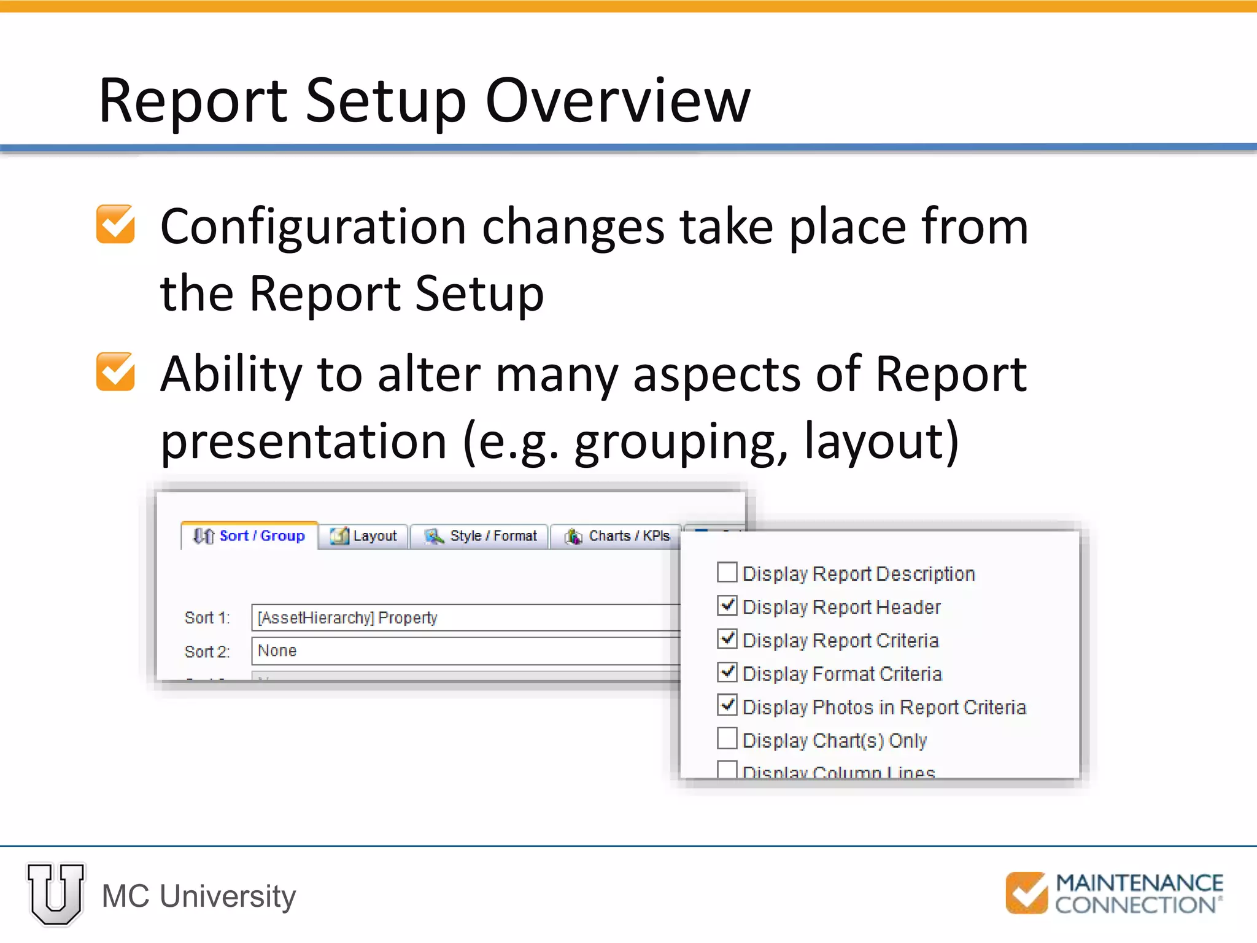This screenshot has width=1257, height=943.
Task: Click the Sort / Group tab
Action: tap(250, 536)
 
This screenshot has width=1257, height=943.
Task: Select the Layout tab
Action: tap(364, 536)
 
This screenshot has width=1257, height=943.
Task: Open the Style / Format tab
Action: tap(480, 536)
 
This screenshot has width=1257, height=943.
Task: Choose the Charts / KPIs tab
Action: tap(617, 536)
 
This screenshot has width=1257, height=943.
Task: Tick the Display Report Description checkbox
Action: tap(727, 573)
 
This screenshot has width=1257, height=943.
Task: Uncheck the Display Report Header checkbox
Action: tap(727, 606)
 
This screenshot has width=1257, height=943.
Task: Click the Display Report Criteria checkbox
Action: tap(727, 639)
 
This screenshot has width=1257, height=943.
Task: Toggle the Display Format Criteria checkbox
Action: tap(727, 672)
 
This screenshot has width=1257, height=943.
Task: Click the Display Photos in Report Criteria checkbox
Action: tap(727, 705)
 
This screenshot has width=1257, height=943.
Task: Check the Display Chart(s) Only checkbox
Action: tap(727, 739)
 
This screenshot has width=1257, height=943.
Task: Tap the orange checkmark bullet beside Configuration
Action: tap(115, 224)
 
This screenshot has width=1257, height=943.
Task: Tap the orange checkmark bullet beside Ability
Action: tap(115, 371)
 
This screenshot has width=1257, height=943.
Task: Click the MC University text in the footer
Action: tap(199, 896)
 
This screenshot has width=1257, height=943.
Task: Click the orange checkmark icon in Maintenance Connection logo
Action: tap(1026, 893)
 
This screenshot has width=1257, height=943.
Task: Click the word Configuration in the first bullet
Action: tap(313, 227)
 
